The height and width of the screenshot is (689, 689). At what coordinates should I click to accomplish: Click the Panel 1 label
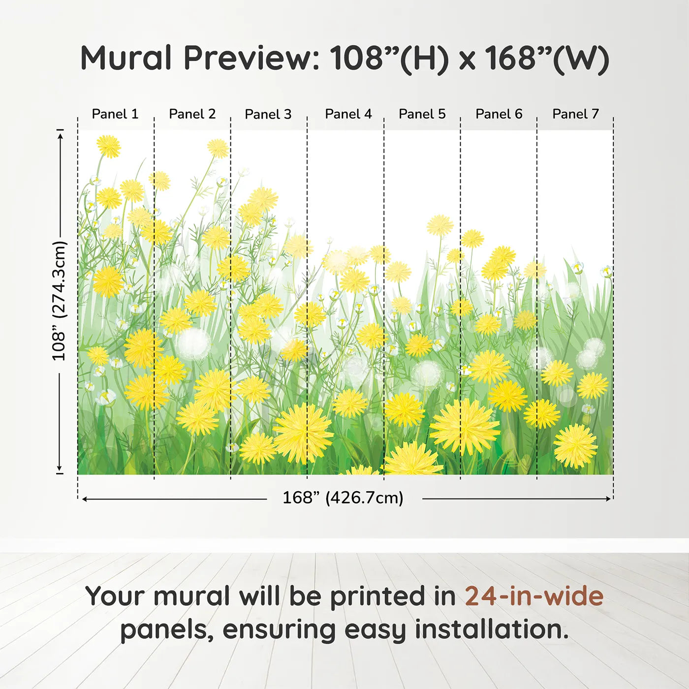click(x=115, y=114)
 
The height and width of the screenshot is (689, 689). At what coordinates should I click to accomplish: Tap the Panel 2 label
click(x=192, y=114)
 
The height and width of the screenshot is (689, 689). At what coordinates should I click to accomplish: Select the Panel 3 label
click(x=268, y=114)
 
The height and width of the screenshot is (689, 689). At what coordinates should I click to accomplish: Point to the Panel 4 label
click(x=348, y=114)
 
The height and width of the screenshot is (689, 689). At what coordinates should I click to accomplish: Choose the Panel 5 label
click(x=422, y=114)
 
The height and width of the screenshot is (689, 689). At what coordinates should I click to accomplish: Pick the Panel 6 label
click(x=499, y=114)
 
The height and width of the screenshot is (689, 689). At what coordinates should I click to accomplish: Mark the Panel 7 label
click(x=576, y=114)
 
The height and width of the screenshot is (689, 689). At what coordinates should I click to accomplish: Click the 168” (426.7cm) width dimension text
click(x=343, y=498)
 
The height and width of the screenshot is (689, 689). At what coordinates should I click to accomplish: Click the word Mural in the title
click(x=126, y=58)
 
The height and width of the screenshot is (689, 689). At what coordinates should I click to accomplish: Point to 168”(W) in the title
click(x=547, y=59)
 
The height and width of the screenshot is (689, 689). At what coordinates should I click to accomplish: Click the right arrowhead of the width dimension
click(x=608, y=499)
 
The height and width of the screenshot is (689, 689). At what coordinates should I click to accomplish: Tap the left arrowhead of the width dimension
click(x=85, y=499)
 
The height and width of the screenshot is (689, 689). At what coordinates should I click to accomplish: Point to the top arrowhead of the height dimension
click(x=61, y=136)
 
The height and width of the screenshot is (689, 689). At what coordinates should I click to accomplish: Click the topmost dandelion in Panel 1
click(x=108, y=146)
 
